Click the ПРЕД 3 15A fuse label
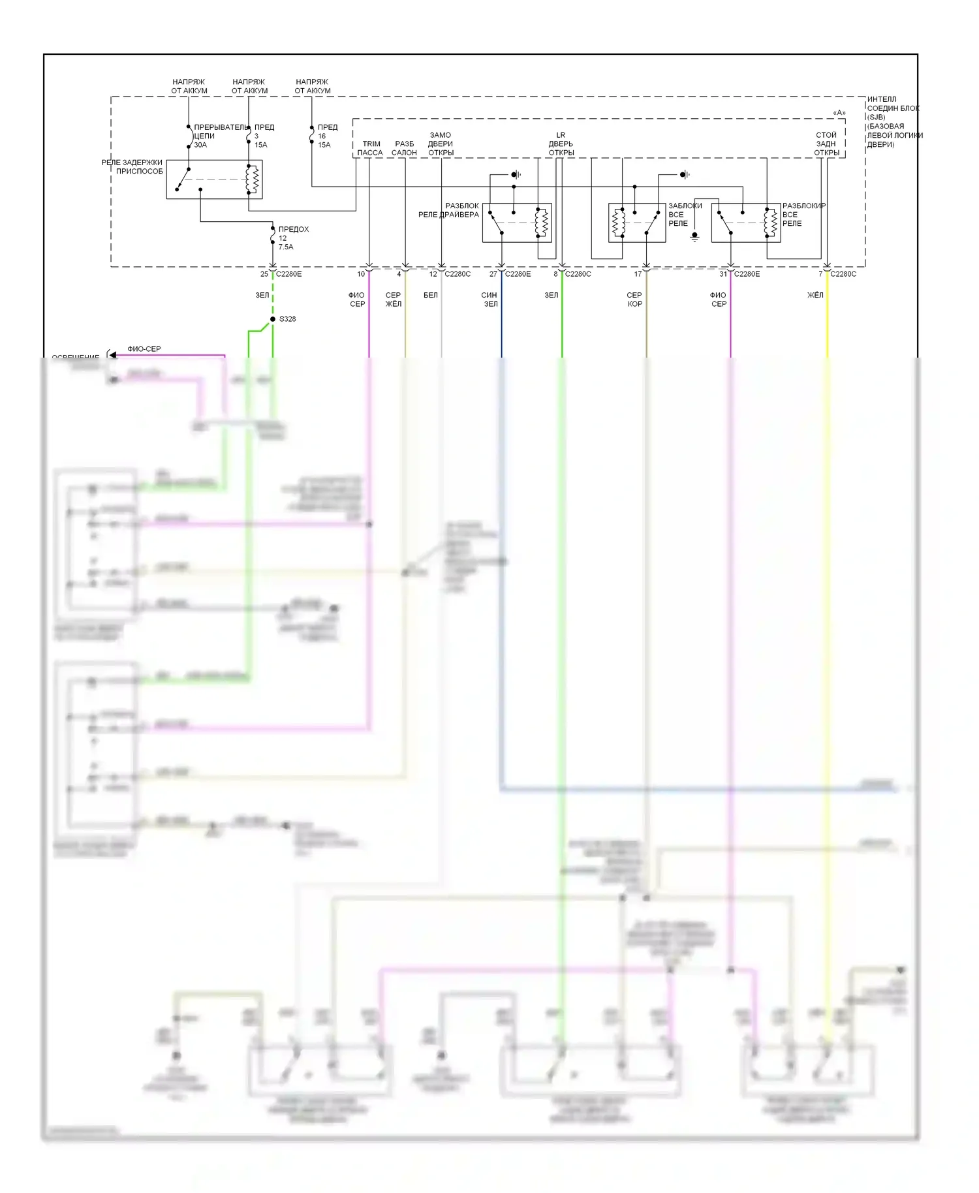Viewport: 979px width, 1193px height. coord(263,136)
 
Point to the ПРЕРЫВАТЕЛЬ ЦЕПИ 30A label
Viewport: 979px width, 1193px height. coord(219,136)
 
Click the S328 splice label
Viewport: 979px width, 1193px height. coord(287,319)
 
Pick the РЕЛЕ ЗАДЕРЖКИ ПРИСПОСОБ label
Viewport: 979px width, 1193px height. coord(133,166)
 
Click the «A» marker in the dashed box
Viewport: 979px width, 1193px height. coord(839,113)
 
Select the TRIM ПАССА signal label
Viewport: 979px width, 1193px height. coord(370,148)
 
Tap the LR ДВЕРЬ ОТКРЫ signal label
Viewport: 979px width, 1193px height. coord(561,144)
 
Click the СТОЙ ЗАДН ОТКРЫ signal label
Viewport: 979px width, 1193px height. coord(826,144)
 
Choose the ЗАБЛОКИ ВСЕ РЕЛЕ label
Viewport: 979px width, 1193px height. coord(684,214)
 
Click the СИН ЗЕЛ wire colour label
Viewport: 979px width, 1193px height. coord(489,300)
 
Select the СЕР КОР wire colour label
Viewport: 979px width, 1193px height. coord(634,300)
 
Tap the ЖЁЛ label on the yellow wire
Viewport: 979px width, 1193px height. coord(815,295)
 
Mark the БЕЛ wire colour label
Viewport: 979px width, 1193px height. coord(431,295)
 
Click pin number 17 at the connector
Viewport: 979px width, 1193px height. coord(638,274)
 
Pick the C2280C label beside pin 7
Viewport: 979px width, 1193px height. coord(843,274)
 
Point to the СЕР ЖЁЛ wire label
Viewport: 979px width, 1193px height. coord(394,300)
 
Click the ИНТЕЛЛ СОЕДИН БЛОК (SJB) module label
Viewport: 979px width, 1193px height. coord(893,121)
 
